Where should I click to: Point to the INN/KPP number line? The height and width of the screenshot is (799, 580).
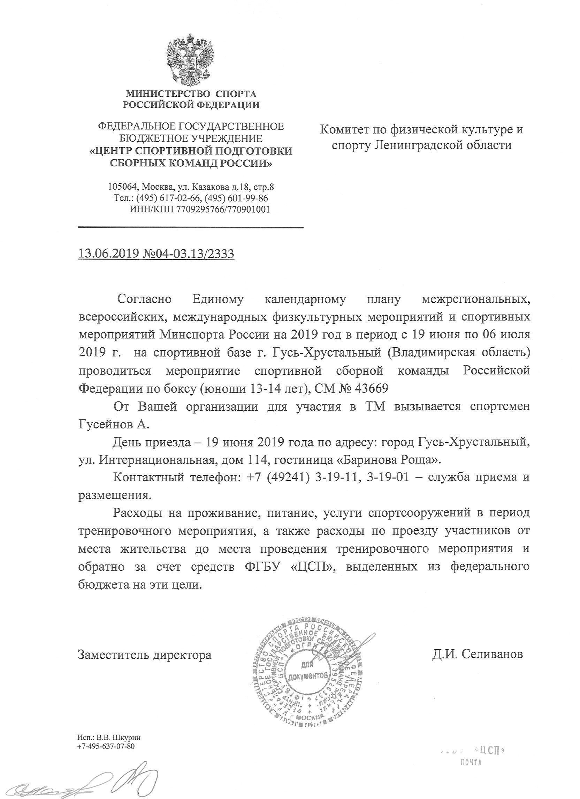(200, 209)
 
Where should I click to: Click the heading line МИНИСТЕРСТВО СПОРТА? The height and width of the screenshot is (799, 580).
(191, 94)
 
